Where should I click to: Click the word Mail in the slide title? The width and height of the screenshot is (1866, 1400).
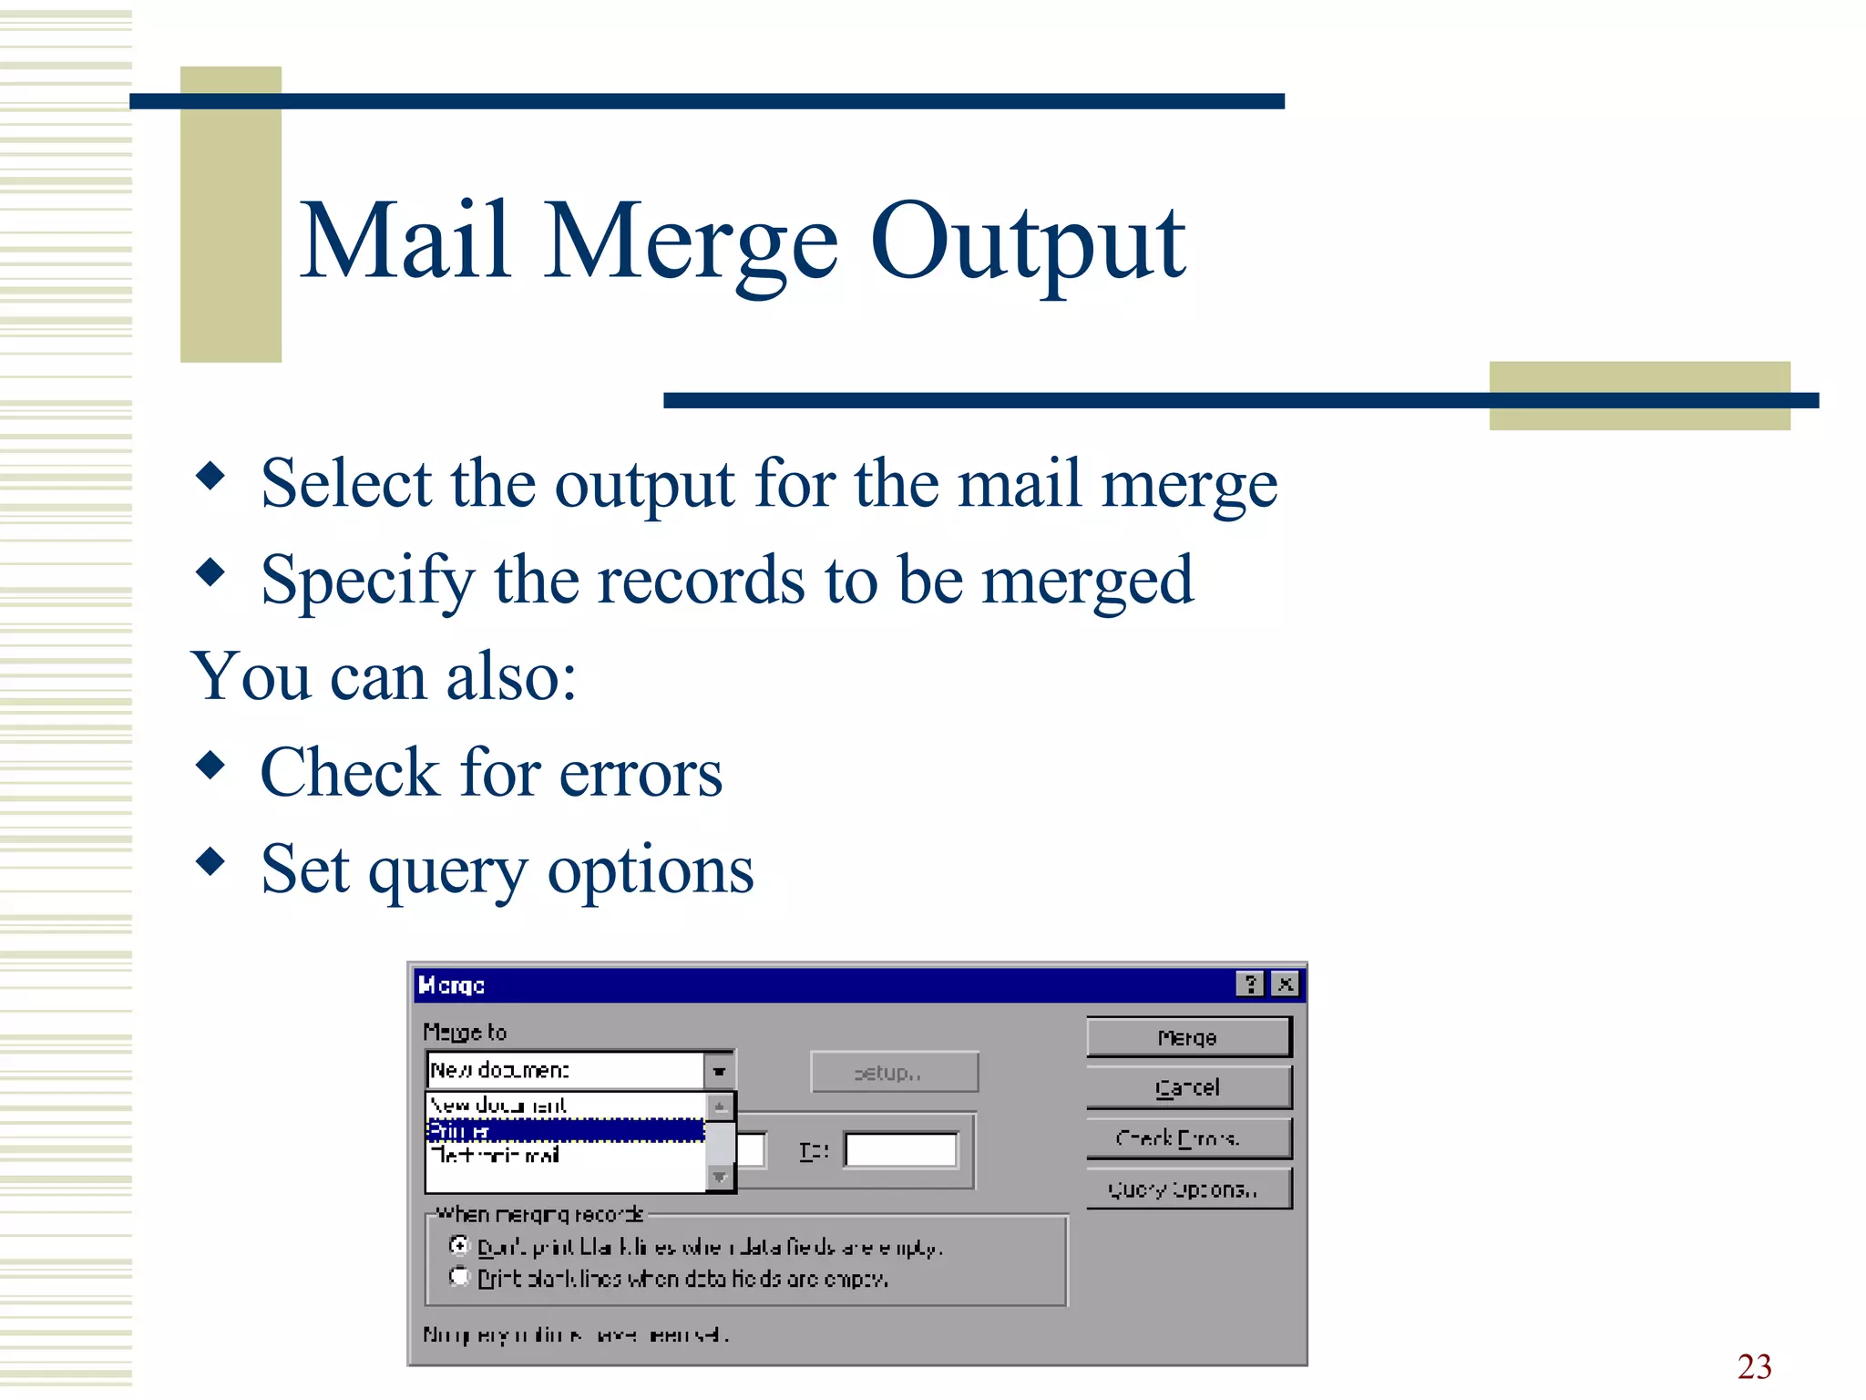pyautogui.click(x=405, y=241)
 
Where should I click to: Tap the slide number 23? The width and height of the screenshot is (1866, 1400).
pyautogui.click(x=1754, y=1366)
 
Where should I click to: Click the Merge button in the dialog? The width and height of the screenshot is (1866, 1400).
pyautogui.click(x=1188, y=1037)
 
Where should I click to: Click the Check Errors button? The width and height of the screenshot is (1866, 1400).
pyautogui.click(x=1188, y=1138)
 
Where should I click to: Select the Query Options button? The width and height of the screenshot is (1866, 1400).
pyautogui.click(x=1188, y=1189)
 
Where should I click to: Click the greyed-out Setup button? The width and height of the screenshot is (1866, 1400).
pyautogui.click(x=893, y=1073)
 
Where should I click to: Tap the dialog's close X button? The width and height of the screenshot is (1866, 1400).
pyautogui.click(x=1285, y=984)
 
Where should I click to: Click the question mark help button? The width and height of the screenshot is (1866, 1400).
pyautogui.click(x=1250, y=984)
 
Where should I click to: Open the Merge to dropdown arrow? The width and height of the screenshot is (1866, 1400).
pyautogui.click(x=719, y=1071)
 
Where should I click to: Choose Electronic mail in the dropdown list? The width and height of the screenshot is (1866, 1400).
pyautogui.click(x=497, y=1156)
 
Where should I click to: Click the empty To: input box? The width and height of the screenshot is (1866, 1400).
pyautogui.click(x=900, y=1150)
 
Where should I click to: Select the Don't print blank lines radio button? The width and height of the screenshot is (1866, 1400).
pyautogui.click(x=459, y=1245)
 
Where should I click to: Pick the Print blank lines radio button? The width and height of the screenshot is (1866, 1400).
pyautogui.click(x=459, y=1278)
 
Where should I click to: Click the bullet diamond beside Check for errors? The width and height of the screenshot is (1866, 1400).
pyautogui.click(x=210, y=765)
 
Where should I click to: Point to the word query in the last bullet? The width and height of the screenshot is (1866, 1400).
pyautogui.click(x=447, y=871)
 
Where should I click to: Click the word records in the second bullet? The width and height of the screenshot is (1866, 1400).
pyautogui.click(x=701, y=581)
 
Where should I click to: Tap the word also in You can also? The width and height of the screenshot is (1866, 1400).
pyautogui.click(x=511, y=677)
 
